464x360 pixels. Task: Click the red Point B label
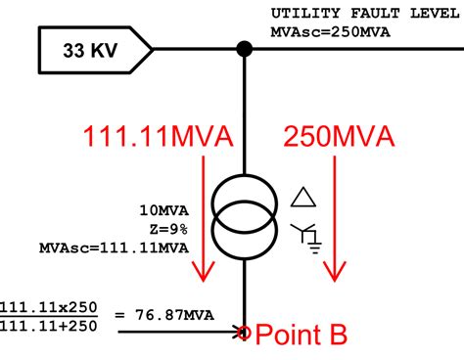click(302, 336)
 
